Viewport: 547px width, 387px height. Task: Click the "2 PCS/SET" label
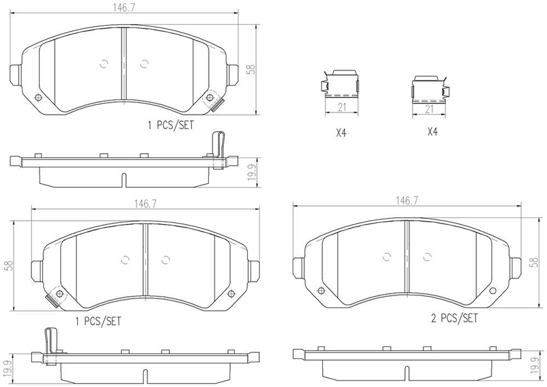point(455,318)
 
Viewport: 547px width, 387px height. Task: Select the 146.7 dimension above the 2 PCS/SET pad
point(407,201)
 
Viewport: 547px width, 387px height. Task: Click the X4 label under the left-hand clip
point(341,132)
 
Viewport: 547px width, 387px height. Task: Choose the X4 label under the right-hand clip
point(432,132)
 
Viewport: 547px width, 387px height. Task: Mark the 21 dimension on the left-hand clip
point(342,107)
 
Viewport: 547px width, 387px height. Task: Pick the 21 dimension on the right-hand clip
point(429,109)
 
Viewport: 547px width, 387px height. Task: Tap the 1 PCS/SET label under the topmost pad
point(171,125)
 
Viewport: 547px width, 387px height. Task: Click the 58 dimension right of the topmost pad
point(251,70)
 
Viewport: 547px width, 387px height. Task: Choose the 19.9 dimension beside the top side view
point(251,174)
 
